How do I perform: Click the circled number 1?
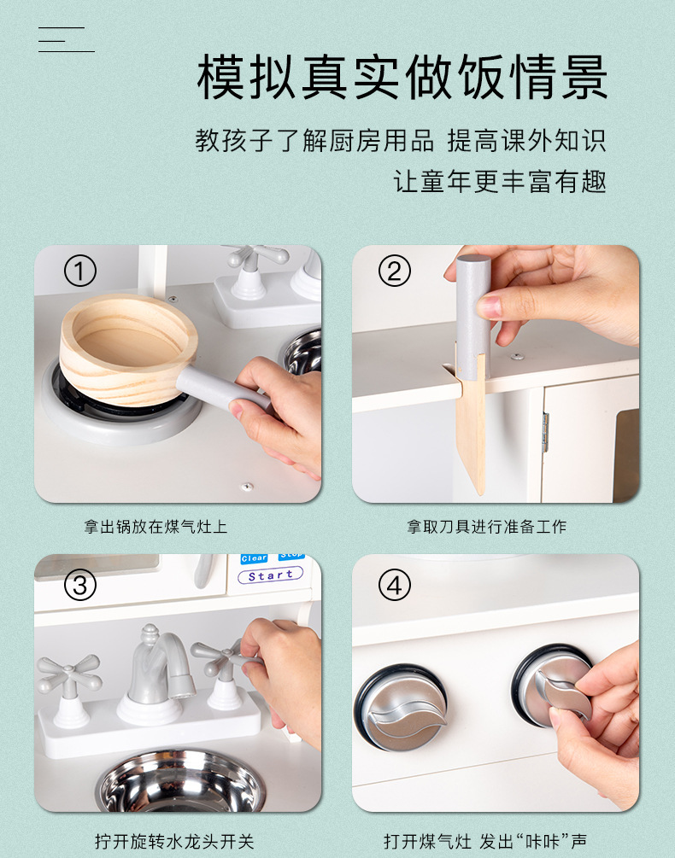click(80, 271)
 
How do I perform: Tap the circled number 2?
click(394, 271)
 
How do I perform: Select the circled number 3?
click(80, 585)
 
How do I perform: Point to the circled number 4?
click(394, 585)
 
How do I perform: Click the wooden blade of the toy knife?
click(471, 432)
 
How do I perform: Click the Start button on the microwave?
click(271, 575)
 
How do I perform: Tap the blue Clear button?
click(254, 558)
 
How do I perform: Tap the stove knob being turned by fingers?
click(553, 686)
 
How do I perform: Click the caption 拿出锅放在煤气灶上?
click(156, 527)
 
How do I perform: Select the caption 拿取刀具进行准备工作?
click(487, 527)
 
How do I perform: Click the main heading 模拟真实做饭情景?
click(402, 77)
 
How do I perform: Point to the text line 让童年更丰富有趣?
click(500, 181)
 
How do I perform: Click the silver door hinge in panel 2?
click(545, 432)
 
